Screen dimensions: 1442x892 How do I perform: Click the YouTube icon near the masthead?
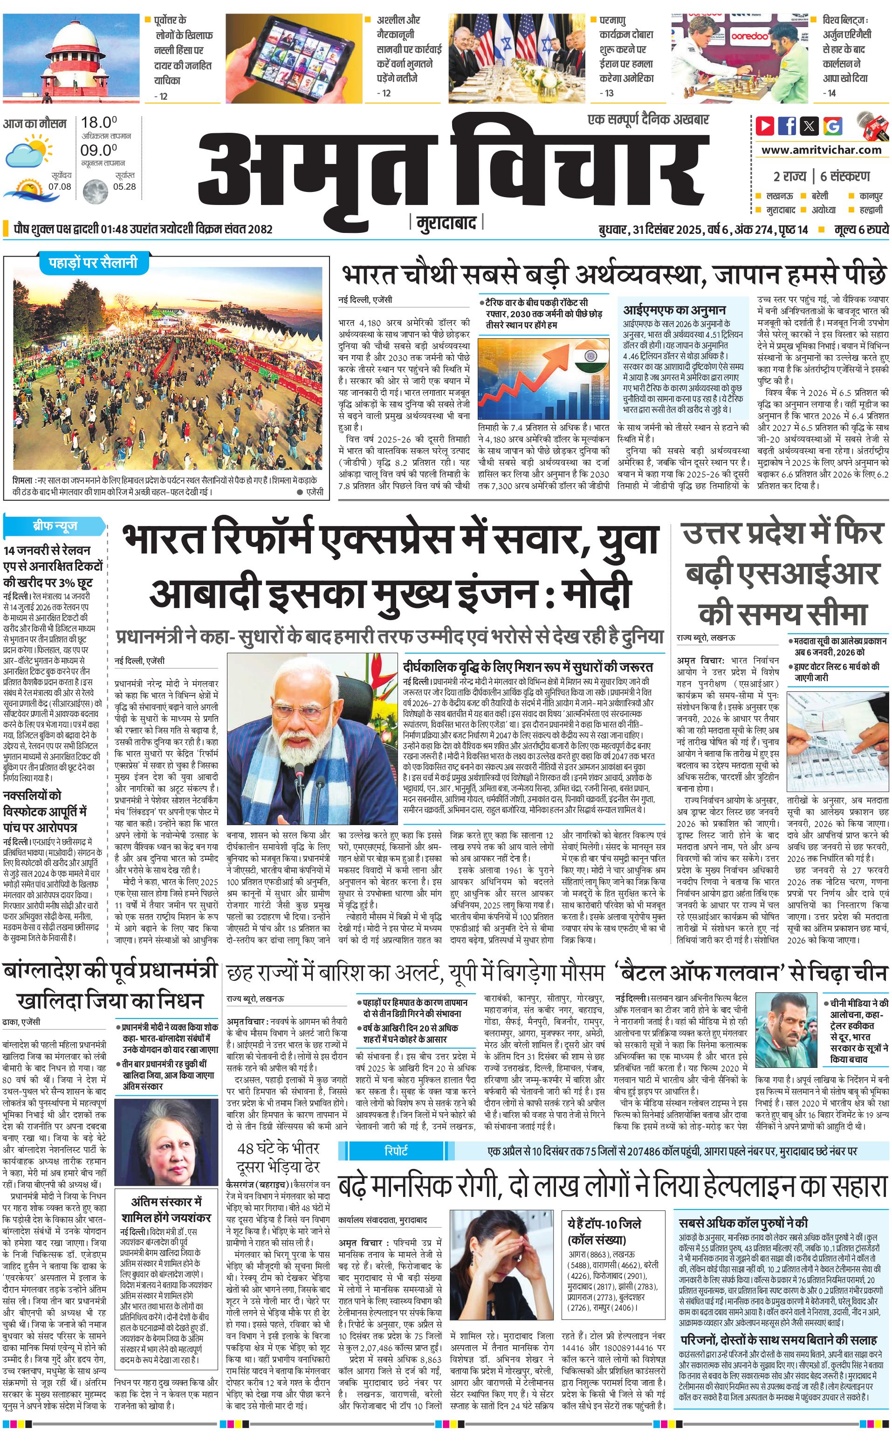765,126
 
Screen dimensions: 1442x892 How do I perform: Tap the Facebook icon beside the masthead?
787,126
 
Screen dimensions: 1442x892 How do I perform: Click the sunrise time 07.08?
60,186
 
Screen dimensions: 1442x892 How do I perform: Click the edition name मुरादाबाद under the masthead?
446,224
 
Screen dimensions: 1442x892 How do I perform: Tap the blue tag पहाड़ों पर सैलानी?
89,262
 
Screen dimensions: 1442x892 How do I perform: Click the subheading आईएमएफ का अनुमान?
674,310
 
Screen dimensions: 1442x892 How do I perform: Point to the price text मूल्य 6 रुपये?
861,229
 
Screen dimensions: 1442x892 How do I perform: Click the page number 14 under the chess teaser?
831,93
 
